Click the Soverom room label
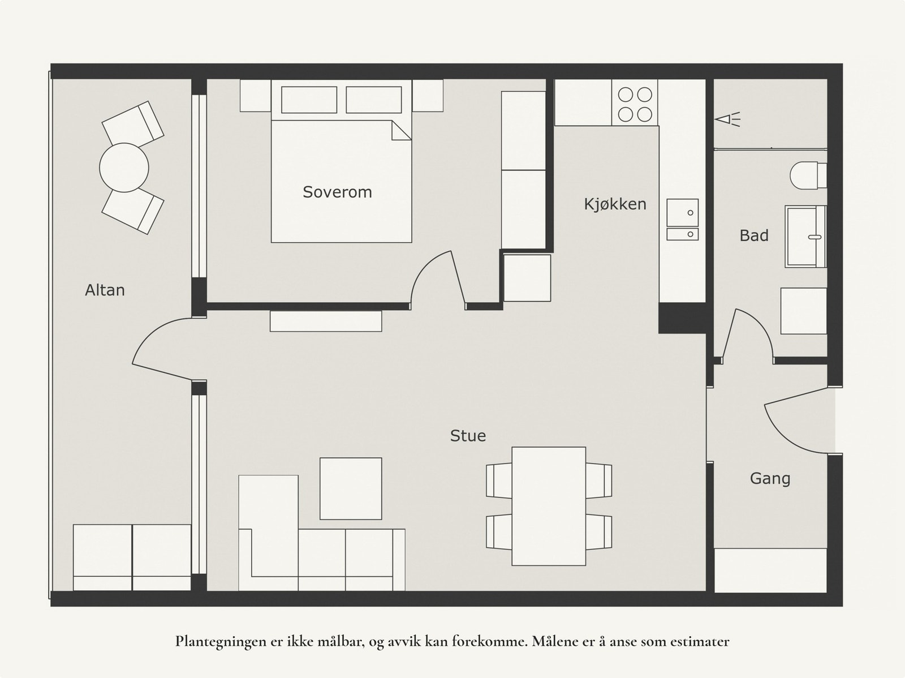(337, 192)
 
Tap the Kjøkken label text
(615, 204)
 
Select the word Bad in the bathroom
(754, 235)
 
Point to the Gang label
(770, 479)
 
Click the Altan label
(105, 290)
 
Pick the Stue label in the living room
(468, 436)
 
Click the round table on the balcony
(124, 168)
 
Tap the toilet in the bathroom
(808, 175)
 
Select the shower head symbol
(727, 119)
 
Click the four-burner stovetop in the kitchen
(635, 105)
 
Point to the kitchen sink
(683, 220)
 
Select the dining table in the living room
(549, 506)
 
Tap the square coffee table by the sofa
(351, 488)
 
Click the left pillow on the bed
(309, 100)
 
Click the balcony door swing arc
(155, 334)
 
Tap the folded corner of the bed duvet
(401, 131)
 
